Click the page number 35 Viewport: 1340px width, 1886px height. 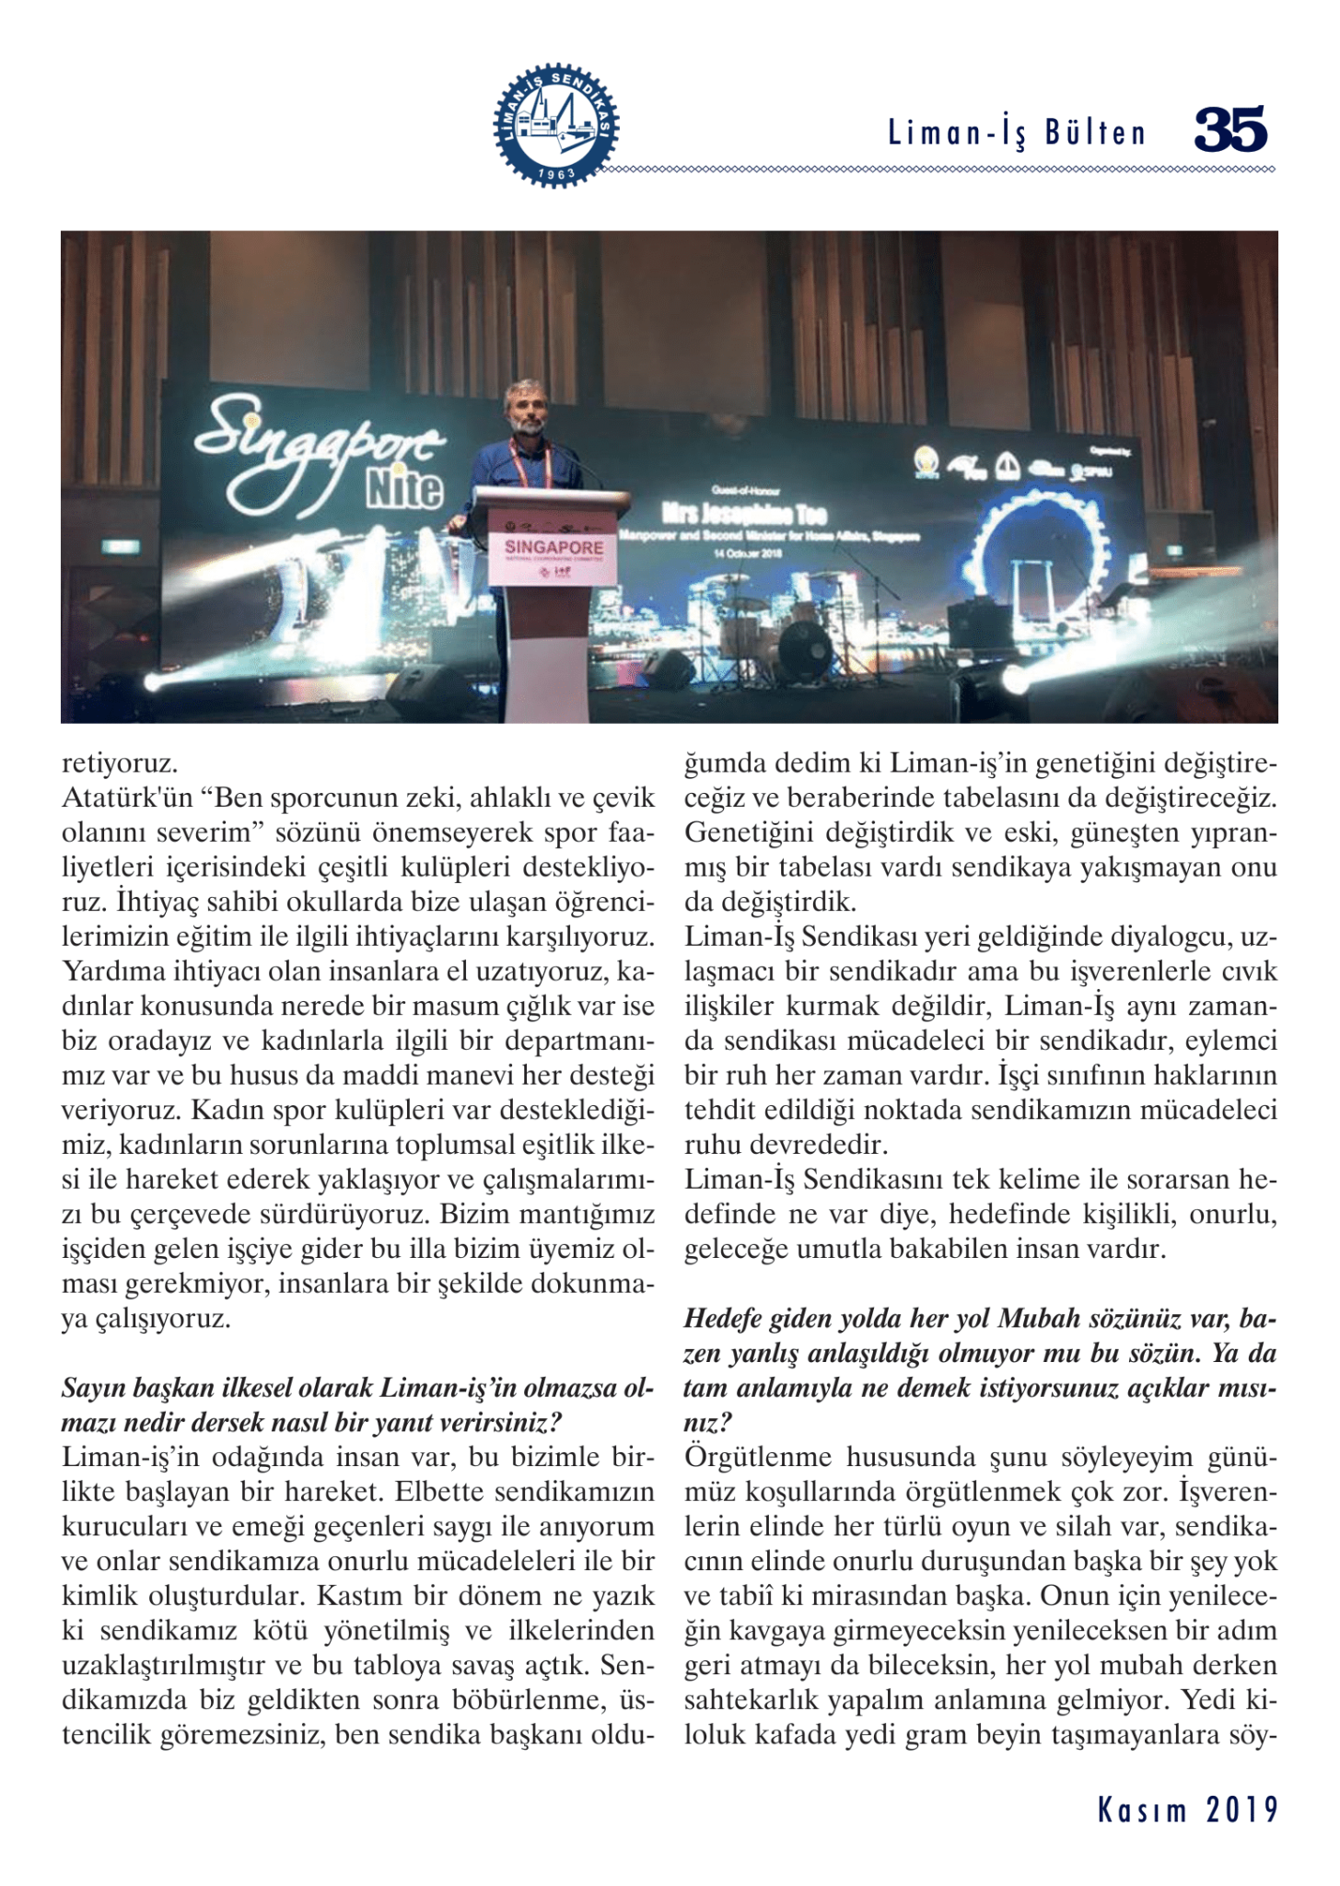pyautogui.click(x=1230, y=129)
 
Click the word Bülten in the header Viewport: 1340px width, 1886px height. pyautogui.click(x=1096, y=134)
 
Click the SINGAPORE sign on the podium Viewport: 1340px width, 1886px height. pyautogui.click(x=553, y=547)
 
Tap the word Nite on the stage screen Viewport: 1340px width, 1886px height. pyautogui.click(x=405, y=488)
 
